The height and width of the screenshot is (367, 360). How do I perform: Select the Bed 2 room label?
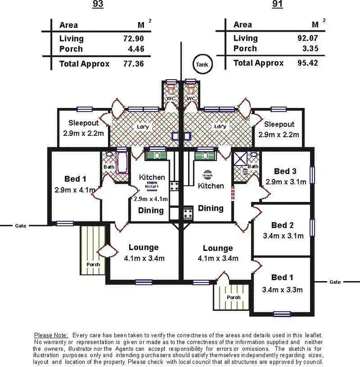(x=282, y=225)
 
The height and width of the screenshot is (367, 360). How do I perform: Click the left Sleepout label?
(x=84, y=122)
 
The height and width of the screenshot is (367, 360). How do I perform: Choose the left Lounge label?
(x=143, y=248)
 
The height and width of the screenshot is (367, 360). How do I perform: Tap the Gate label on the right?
(x=335, y=282)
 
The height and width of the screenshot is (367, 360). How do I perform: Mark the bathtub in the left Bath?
(x=121, y=162)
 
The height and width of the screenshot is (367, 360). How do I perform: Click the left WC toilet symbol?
(x=171, y=89)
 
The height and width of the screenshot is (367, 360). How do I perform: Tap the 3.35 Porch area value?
(x=309, y=49)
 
